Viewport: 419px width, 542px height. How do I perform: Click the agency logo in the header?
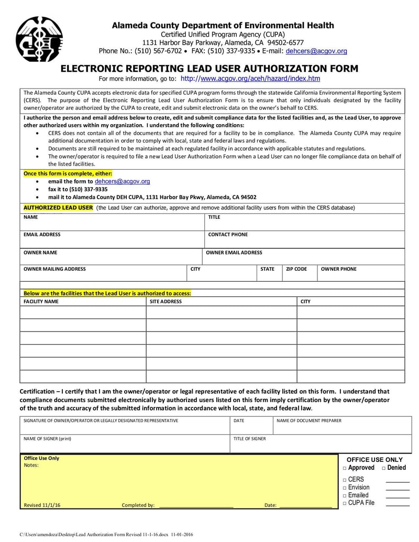coord(39,39)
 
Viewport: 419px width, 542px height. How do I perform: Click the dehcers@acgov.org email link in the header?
coord(316,51)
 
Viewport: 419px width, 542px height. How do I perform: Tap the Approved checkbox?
coord(345,468)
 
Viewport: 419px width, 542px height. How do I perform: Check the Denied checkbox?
coord(384,468)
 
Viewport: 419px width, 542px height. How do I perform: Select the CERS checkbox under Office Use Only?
coord(345,480)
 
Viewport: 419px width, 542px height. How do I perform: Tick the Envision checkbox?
coord(345,488)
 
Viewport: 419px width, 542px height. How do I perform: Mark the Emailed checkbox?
coord(345,495)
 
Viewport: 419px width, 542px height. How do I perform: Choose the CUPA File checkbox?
coord(345,503)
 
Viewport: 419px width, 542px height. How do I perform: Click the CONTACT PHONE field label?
coord(228,235)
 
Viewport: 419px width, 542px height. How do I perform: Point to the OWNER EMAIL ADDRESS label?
coord(234,252)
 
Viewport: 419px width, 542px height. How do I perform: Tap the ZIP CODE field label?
coord(296,269)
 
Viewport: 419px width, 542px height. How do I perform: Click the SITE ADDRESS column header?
coord(166,302)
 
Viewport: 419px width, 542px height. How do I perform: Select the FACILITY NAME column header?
coord(41,302)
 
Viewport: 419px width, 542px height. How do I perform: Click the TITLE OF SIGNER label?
coord(249,439)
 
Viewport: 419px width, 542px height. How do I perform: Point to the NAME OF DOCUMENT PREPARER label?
coord(309,421)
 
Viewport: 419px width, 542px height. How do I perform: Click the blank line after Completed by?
coord(196,506)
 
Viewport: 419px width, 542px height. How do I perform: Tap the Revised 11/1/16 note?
coord(42,505)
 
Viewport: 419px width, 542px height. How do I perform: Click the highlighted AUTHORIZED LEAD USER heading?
coord(58,208)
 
